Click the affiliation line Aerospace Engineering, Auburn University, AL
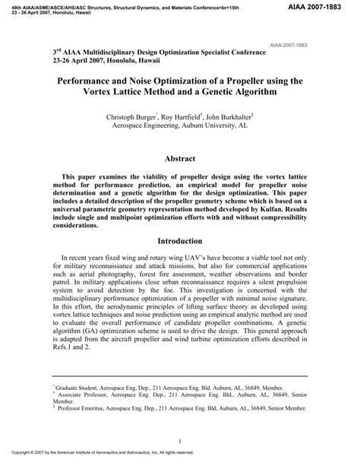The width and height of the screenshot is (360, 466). [180, 128]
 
